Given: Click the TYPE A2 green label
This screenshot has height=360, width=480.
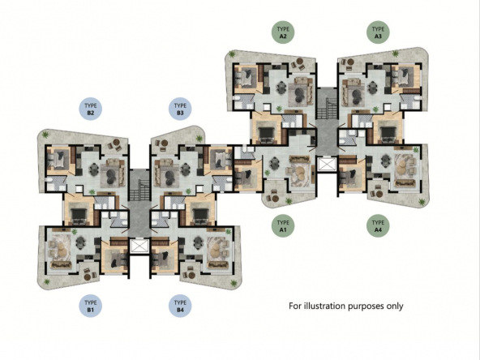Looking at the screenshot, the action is (x=283, y=32).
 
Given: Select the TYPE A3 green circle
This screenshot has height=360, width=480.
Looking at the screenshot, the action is (x=378, y=32).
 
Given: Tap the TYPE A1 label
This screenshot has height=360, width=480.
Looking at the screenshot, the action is (x=283, y=225).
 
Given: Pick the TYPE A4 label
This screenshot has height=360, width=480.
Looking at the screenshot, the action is (x=378, y=225).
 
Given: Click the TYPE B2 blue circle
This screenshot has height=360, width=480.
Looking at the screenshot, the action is (x=90, y=109).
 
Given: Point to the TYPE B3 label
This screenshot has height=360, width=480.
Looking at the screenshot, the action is (x=180, y=109).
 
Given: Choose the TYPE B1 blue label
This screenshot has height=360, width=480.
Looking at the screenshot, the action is (x=90, y=306).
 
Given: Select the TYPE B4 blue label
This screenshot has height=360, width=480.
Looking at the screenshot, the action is (x=180, y=306).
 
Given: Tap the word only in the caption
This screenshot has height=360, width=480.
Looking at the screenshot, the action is (x=395, y=306).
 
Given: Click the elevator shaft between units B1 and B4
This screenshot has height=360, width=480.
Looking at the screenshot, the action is (x=139, y=246).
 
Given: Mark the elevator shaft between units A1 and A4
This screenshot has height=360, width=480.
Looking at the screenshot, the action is (x=327, y=164).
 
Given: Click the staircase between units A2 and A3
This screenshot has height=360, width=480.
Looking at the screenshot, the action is (x=326, y=109).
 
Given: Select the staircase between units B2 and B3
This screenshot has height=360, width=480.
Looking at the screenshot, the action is (x=139, y=190).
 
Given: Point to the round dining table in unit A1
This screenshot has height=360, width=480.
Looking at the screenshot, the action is (x=275, y=163).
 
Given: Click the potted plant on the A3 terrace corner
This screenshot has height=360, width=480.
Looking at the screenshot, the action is (x=396, y=54).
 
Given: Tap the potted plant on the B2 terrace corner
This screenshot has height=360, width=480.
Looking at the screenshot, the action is (x=45, y=135).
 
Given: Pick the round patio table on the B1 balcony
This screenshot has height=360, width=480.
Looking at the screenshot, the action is (x=88, y=277).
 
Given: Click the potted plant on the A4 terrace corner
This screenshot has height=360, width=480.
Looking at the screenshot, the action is (x=422, y=201).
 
